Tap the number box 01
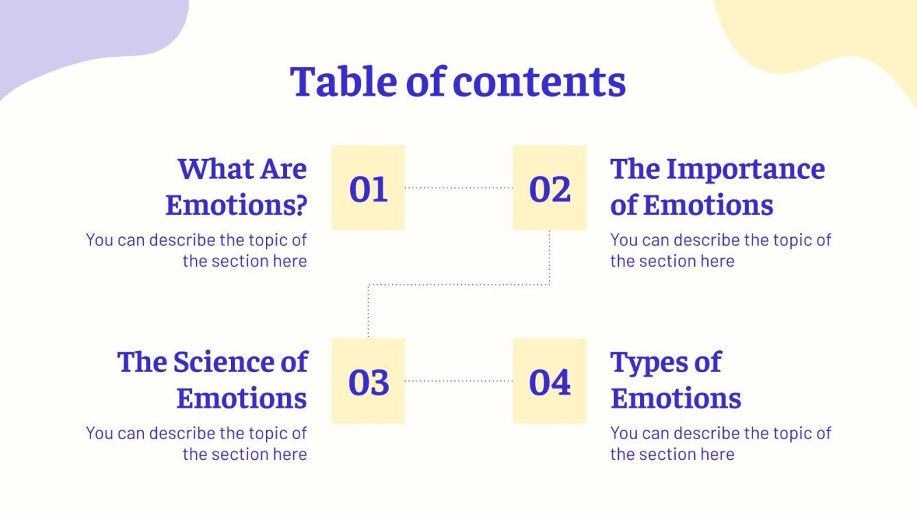click(x=368, y=188)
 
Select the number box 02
click(x=550, y=188)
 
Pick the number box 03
click(x=368, y=381)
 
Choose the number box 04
click(x=550, y=381)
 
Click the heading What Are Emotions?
click(x=236, y=186)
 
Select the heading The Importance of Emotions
click(x=717, y=186)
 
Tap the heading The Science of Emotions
click(x=213, y=380)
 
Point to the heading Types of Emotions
click(x=675, y=380)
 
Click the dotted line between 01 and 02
click(x=459, y=187)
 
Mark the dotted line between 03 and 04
click(x=459, y=380)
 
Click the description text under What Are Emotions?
click(x=197, y=250)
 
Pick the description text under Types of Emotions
click(x=720, y=443)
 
